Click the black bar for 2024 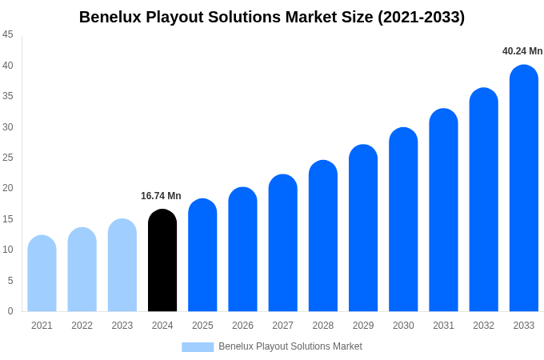(162, 261)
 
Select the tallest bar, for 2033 (524, 189)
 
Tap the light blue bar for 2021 (42, 274)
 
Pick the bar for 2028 (323, 236)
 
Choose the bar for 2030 (403, 220)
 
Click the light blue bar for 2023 (122, 266)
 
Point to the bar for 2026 (242, 250)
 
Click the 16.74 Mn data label (161, 196)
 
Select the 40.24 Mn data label (522, 51)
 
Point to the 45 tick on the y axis (8, 34)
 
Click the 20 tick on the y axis (8, 188)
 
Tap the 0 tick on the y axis (10, 311)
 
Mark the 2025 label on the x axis (202, 326)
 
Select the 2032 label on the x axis (483, 326)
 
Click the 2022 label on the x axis (82, 326)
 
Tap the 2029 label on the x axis (363, 326)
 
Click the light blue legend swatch (198, 347)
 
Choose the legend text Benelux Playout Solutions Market (290, 346)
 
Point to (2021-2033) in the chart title (421, 17)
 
